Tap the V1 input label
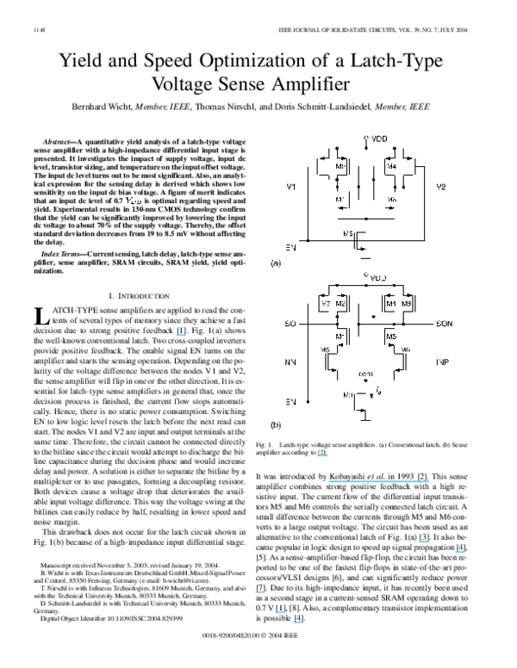pos(290,186)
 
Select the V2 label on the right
pos(441,186)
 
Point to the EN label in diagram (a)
pos(290,247)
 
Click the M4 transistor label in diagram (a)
pos(391,166)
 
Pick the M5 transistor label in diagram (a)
pos(348,233)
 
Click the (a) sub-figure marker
pos(276,263)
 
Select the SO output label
pos(290,325)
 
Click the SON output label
pos(445,325)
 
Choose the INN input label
pos(290,362)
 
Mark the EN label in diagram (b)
pos(290,402)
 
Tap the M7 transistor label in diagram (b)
pos(326,305)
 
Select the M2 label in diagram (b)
pos(340,305)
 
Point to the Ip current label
pos(379,391)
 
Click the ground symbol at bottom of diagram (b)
pos(366,419)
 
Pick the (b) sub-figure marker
pos(276,425)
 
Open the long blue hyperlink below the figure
pos(379,482)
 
